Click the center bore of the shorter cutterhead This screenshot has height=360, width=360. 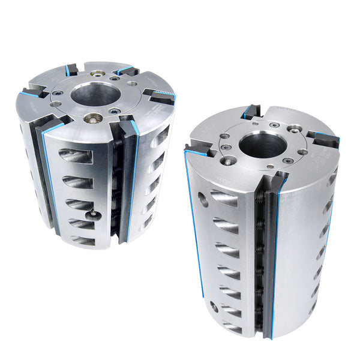(x=96, y=94)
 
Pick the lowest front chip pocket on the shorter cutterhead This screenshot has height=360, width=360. (x=82, y=241)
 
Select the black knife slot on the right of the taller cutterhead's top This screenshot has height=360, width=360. (x=325, y=139)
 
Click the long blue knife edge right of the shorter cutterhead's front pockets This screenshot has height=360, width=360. (x=133, y=180)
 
